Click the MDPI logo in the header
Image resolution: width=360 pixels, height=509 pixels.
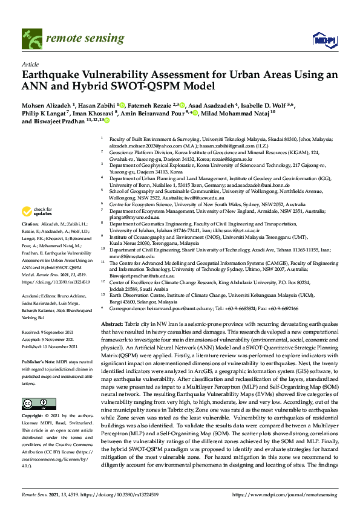(324, 40)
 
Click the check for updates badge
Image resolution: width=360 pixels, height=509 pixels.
(35, 212)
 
